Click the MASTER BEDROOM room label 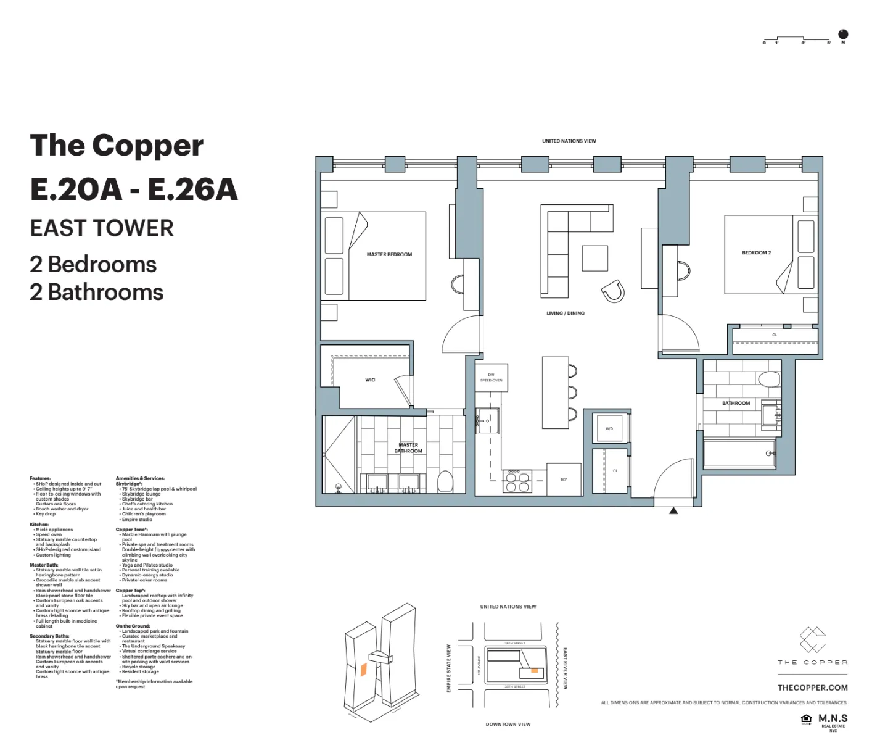[389, 254]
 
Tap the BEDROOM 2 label [756, 252]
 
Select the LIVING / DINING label [565, 314]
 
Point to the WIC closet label [370, 380]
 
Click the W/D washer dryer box [609, 428]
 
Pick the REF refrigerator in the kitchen [564, 480]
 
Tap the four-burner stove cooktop [517, 481]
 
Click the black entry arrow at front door [673, 510]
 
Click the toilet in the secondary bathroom [768, 378]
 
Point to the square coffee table [595, 258]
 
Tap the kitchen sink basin [488, 421]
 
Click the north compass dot [843, 34]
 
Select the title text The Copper [117, 146]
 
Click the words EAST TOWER [102, 228]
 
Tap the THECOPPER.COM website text [812, 688]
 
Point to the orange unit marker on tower [364, 669]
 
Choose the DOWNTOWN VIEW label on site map [508, 724]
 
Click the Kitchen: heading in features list [39, 524]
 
